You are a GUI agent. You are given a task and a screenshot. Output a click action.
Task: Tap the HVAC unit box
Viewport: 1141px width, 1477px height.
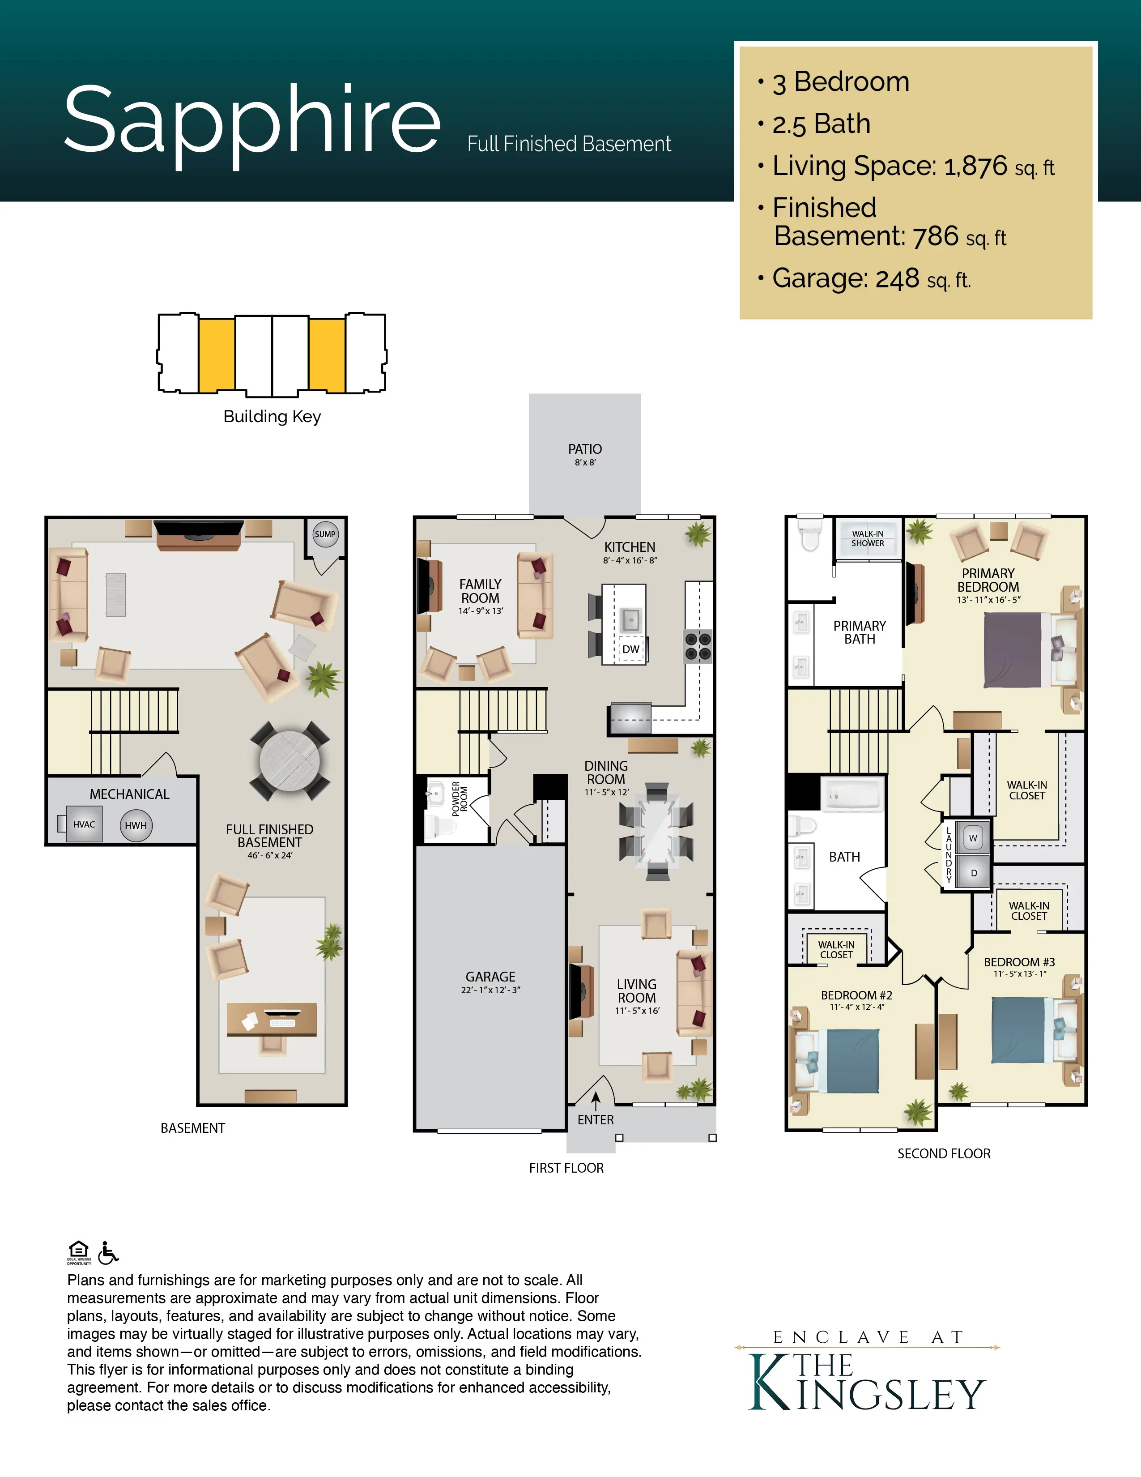84,824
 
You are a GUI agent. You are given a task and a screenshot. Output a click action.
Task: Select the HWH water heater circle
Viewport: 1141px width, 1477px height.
136,825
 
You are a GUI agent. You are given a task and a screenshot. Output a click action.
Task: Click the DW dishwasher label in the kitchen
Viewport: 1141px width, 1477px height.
630,649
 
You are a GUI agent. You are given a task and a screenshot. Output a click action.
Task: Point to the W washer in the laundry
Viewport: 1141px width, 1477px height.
973,838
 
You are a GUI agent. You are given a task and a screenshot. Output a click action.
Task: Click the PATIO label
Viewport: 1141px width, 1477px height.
585,449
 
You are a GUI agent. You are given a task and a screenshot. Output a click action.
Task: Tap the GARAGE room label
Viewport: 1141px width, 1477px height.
490,977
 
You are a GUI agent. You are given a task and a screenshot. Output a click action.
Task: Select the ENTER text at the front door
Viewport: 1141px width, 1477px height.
596,1120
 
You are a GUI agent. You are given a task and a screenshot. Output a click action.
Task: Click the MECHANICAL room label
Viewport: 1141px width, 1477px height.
130,794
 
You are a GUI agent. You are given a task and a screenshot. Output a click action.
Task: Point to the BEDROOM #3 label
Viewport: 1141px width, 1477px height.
1019,962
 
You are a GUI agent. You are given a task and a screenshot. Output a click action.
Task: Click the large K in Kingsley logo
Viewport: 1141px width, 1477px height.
771,1382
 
